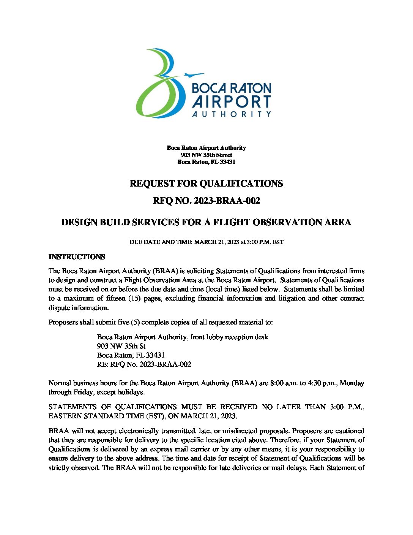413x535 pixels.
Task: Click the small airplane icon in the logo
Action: click(194, 74)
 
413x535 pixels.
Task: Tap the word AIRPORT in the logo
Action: click(231, 102)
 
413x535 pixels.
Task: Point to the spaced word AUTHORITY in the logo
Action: click(231, 114)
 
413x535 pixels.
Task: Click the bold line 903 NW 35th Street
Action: click(206, 155)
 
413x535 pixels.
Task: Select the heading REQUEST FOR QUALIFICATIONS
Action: click(206, 184)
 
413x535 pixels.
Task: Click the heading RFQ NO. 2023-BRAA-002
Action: click(206, 201)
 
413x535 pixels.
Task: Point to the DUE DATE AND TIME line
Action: click(206, 242)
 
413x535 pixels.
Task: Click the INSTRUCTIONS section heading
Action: click(77, 257)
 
